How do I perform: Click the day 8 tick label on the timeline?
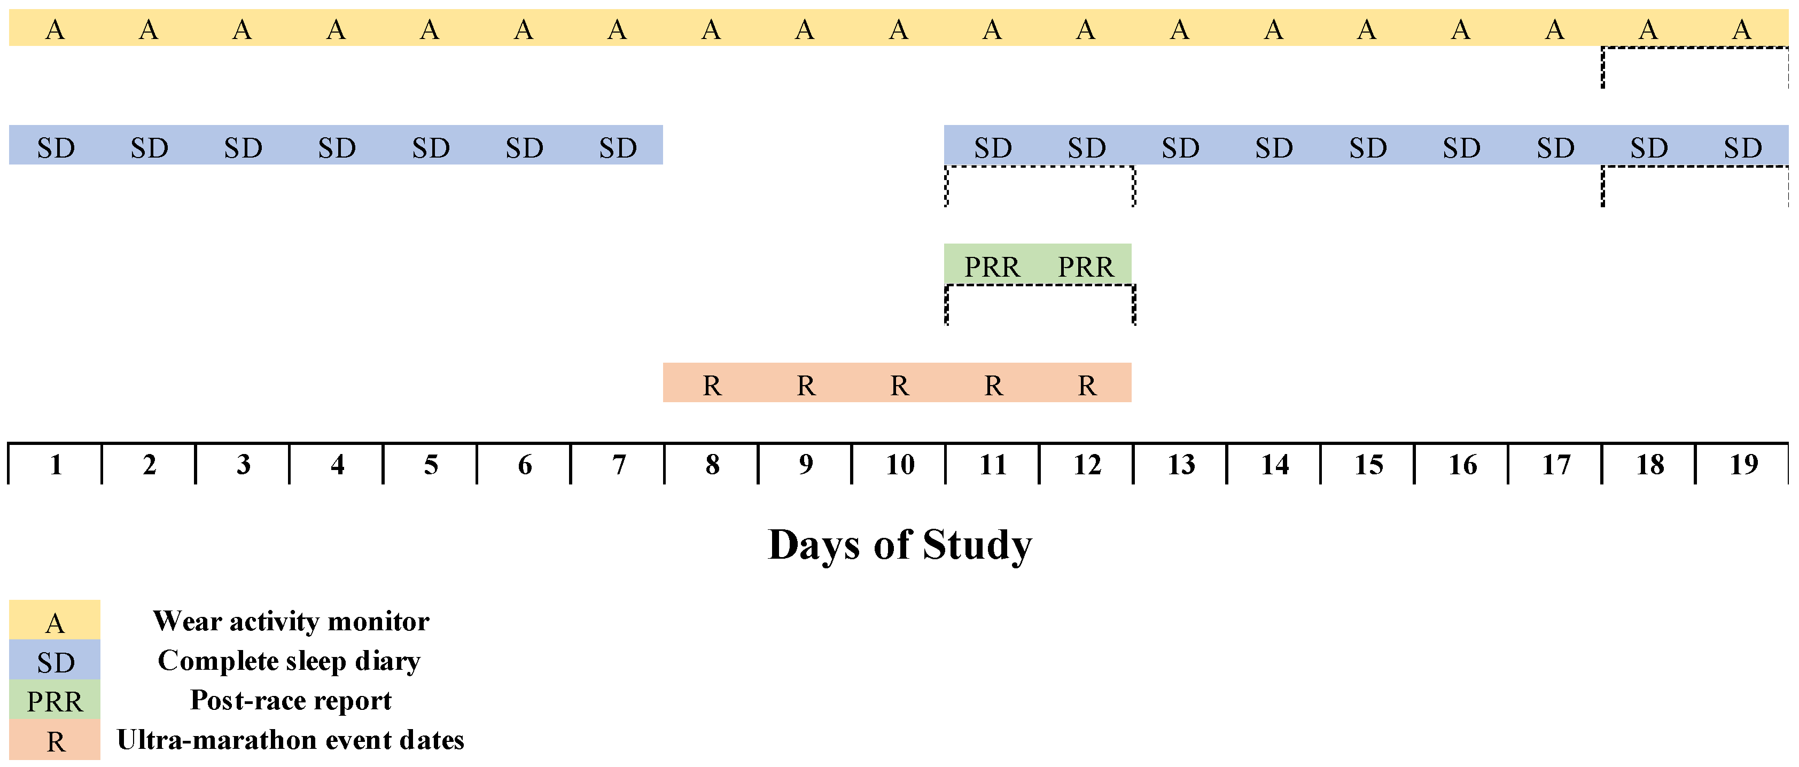712,465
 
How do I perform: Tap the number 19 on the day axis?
1743,465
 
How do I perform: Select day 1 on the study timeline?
56,465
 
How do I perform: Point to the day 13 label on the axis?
1181,465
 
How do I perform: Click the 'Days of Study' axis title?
900,545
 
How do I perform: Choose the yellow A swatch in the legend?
54,621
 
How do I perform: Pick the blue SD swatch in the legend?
54,660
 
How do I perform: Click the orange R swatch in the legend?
54,740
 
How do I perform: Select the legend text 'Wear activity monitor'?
291,621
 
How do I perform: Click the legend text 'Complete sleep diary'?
289,661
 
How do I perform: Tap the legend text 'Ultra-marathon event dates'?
291,740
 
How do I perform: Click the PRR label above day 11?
992,267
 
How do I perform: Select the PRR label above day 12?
1085,267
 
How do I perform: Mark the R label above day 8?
712,385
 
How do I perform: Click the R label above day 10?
900,385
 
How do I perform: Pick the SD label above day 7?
618,148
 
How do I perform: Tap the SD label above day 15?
1367,148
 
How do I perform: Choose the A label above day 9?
805,29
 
